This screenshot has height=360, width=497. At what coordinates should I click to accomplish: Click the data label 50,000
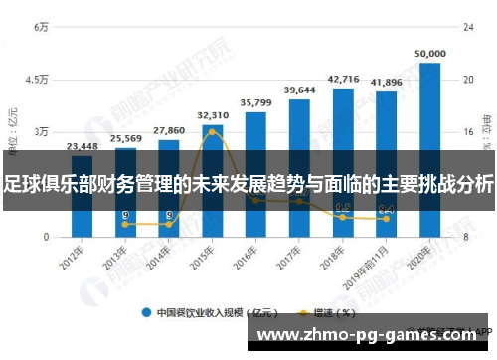(429, 54)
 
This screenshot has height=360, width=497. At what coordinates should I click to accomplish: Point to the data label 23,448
(82, 146)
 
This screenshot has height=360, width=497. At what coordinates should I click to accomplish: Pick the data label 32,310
(213, 115)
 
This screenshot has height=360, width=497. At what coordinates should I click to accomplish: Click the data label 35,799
(256, 102)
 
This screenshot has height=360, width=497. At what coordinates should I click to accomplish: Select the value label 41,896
(386, 82)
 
